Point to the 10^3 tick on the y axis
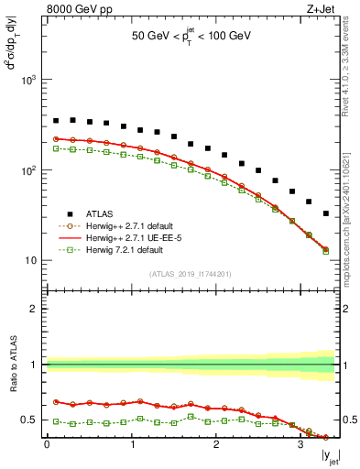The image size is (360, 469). (28, 81)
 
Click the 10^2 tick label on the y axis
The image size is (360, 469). (28, 170)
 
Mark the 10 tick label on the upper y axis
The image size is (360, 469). (31, 261)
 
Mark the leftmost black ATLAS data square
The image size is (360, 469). (56, 121)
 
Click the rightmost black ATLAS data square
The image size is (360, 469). (326, 213)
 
